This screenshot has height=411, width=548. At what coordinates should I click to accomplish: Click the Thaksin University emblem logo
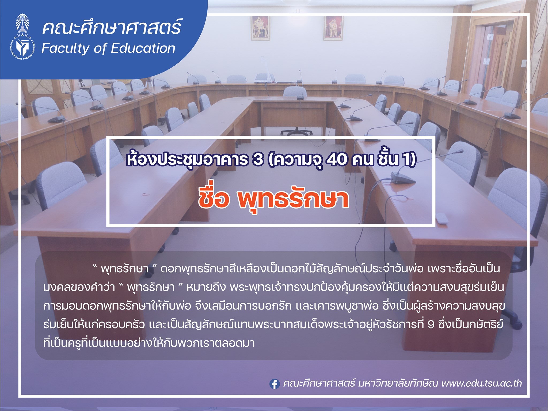tap(23, 36)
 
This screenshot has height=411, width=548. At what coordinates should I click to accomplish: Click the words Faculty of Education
tap(108, 49)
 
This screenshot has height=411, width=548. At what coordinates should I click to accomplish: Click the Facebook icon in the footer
tap(274, 384)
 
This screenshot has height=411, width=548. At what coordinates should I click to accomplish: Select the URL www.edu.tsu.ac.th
tap(482, 383)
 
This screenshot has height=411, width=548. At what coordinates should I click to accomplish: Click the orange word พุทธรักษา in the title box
tap(293, 198)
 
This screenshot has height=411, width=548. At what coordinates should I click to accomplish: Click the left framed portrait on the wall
tap(260, 28)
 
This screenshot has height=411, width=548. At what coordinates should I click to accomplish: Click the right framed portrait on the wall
tap(333, 28)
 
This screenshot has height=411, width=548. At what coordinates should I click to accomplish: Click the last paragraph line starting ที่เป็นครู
tap(149, 343)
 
